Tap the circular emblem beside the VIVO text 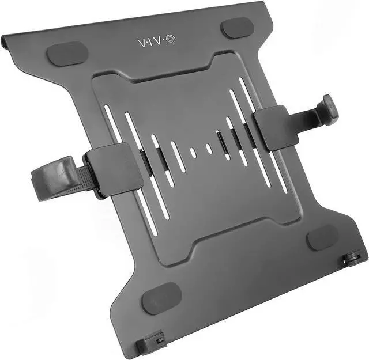tap(171, 39)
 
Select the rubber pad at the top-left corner tap(67, 54)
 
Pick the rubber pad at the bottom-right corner tap(323, 237)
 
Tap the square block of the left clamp tap(115, 170)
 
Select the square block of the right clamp tap(277, 128)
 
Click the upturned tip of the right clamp tap(330, 110)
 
